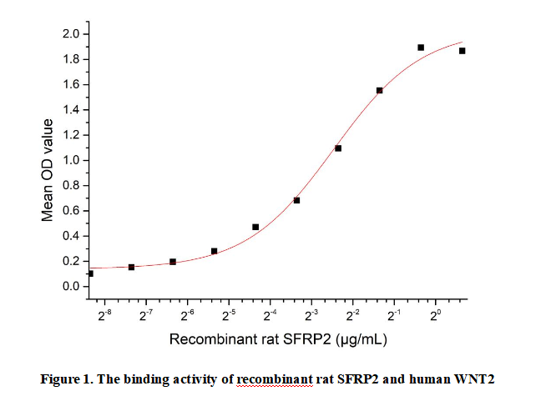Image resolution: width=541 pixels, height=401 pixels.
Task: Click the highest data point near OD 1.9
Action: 421,48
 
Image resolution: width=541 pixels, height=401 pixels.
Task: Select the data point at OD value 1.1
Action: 338,148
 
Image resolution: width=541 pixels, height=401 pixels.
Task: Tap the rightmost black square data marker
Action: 463,51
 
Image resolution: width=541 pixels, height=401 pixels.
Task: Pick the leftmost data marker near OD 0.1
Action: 90,273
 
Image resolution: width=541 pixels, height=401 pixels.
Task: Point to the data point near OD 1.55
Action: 380,90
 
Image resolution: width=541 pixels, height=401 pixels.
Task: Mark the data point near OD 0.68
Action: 296,200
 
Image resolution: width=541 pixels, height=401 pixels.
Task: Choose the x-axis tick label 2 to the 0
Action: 435,315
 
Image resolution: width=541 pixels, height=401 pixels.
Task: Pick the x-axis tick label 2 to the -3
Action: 311,315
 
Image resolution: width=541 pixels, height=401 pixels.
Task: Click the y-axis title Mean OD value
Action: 48,170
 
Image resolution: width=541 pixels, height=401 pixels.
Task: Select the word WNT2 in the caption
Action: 475,379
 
